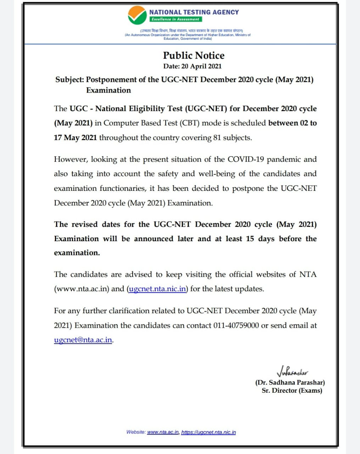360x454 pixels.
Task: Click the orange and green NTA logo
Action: click(137, 15)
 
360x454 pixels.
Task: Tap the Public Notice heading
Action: click(194, 55)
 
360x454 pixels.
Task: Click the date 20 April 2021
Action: click(201, 66)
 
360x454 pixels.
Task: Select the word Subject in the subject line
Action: click(69, 79)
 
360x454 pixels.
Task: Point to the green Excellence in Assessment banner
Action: click(175, 19)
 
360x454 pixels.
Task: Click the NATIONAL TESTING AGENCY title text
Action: click(194, 12)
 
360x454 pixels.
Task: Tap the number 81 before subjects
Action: click(217, 138)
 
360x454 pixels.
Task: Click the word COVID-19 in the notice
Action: click(246, 159)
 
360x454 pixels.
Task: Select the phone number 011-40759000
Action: click(236, 325)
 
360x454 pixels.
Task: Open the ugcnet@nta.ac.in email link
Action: click(83, 340)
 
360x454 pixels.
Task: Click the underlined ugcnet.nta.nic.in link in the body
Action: click(157, 289)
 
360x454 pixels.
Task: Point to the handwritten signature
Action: click(292, 372)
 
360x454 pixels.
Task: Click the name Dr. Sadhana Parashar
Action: click(290, 382)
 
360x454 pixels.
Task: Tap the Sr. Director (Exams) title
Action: click(292, 391)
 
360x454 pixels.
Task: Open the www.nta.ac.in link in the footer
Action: click(163, 432)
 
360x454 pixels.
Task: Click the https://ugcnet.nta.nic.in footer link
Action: click(208, 432)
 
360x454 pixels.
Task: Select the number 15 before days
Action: click(250, 239)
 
